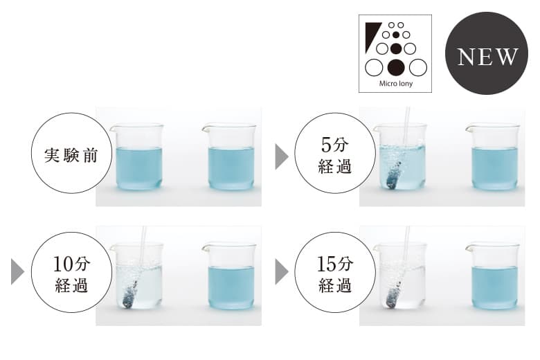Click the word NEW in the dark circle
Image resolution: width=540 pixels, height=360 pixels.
pyautogui.click(x=487, y=57)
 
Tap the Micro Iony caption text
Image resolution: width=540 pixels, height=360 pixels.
pyautogui.click(x=396, y=83)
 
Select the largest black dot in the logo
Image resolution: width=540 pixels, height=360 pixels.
pyautogui.click(x=396, y=67)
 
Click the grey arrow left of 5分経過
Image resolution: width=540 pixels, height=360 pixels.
pyautogui.click(x=282, y=156)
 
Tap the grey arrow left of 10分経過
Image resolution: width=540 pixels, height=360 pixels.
pyautogui.click(x=17, y=272)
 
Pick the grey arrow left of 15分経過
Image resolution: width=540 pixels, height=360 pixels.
pyautogui.click(x=282, y=272)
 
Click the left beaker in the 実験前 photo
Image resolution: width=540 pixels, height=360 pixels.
pyautogui.click(x=138, y=156)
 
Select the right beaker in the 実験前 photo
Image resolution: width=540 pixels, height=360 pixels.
pyautogui.click(x=230, y=156)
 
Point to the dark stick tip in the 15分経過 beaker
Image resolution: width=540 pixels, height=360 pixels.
pyautogui.click(x=393, y=298)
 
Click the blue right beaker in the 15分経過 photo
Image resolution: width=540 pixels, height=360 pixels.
pyautogui.click(x=494, y=276)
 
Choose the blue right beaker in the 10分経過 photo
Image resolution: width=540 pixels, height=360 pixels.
pyautogui.click(x=230, y=276)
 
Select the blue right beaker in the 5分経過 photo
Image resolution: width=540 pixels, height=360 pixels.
pyautogui.click(x=494, y=156)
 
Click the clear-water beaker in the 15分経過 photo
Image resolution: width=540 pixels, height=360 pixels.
pyautogui.click(x=401, y=276)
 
